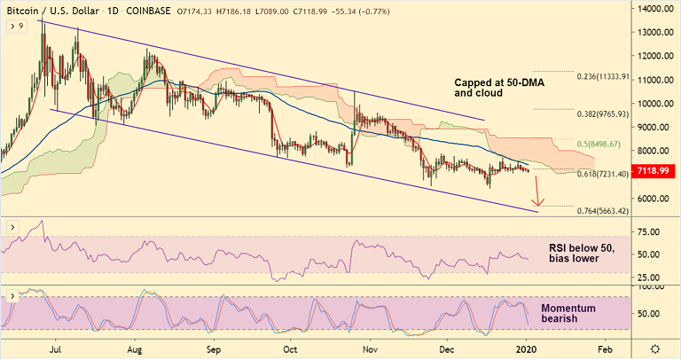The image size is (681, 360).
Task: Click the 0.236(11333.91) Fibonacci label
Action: point(602,76)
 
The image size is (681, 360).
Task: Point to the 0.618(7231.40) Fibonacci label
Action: point(602,175)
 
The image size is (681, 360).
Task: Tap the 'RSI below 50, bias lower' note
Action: point(568,253)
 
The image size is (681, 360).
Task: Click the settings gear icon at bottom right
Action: point(655,349)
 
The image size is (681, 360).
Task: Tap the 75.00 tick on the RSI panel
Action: point(651,232)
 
